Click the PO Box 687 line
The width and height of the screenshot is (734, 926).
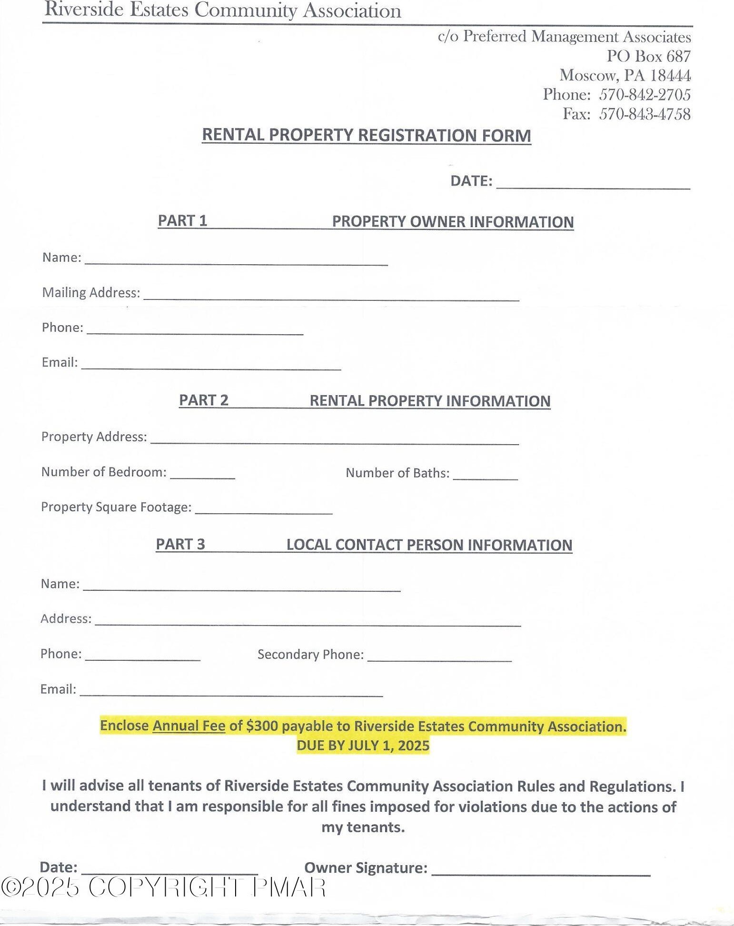click(648, 56)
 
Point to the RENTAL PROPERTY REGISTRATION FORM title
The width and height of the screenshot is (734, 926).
click(366, 135)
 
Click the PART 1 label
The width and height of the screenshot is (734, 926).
click(182, 220)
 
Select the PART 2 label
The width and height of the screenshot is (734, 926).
click(203, 400)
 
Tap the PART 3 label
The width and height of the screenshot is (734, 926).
click(180, 544)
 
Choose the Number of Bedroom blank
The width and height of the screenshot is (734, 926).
click(202, 474)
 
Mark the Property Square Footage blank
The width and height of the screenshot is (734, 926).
click(263, 510)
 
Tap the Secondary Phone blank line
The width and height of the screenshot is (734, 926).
click(439, 657)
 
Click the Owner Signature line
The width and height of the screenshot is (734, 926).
click(540, 871)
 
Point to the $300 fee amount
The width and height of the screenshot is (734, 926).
click(262, 726)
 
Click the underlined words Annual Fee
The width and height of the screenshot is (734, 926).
click(188, 726)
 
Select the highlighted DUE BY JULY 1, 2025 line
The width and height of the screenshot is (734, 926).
click(363, 746)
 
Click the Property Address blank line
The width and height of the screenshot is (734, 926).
click(334, 440)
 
